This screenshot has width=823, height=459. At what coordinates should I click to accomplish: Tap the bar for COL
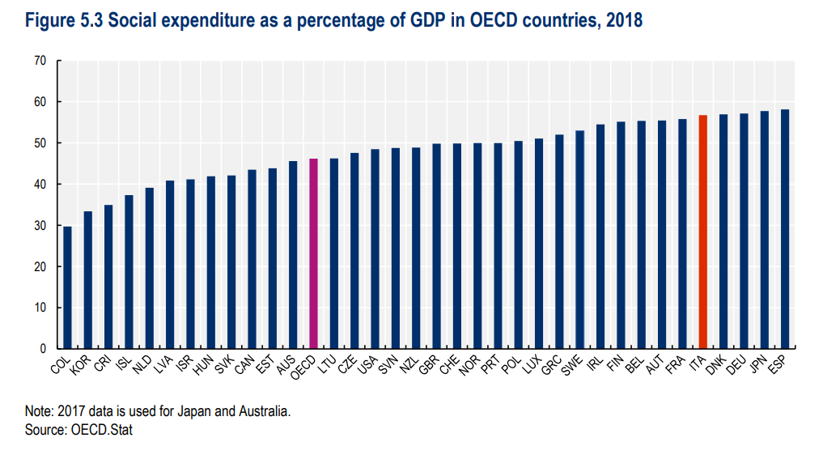pos(67,287)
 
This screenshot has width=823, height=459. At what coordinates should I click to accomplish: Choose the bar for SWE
pos(579,240)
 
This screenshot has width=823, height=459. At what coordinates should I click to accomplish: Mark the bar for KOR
pos(87,280)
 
